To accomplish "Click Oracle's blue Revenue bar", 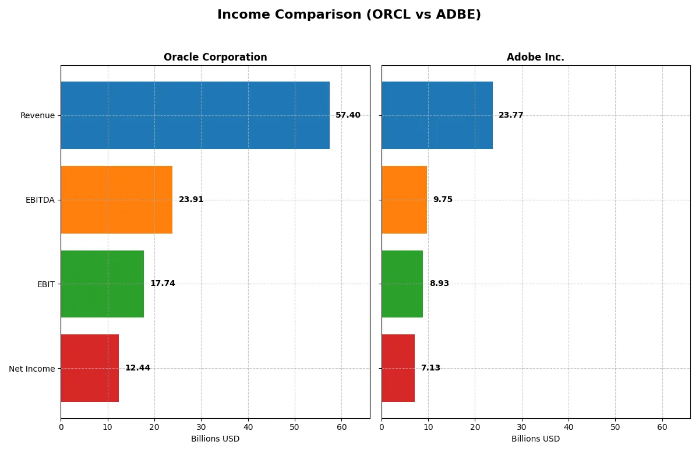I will click(195, 115).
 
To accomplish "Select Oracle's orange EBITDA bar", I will click(116, 200).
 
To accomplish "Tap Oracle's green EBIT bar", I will click(102, 284).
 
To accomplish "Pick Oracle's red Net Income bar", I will click(90, 368).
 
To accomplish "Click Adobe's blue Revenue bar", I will click(437, 115).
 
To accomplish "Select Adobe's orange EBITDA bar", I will click(404, 200).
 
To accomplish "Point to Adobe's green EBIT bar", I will click(402, 284).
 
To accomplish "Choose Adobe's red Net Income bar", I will click(398, 368).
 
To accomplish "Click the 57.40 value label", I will click(348, 115).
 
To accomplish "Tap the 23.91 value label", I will click(191, 200).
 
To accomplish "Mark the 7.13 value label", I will click(430, 368).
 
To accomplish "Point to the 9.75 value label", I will click(443, 200).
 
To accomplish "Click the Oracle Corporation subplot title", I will click(215, 57).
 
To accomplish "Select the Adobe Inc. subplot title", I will click(535, 57).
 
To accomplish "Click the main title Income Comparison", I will click(349, 15).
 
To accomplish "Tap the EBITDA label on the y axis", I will click(40, 200).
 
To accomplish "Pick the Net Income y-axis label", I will click(32, 369).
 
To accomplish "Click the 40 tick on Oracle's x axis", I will click(248, 427).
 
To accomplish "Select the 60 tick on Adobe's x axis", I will click(662, 427).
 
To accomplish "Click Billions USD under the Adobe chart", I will click(535, 439).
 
